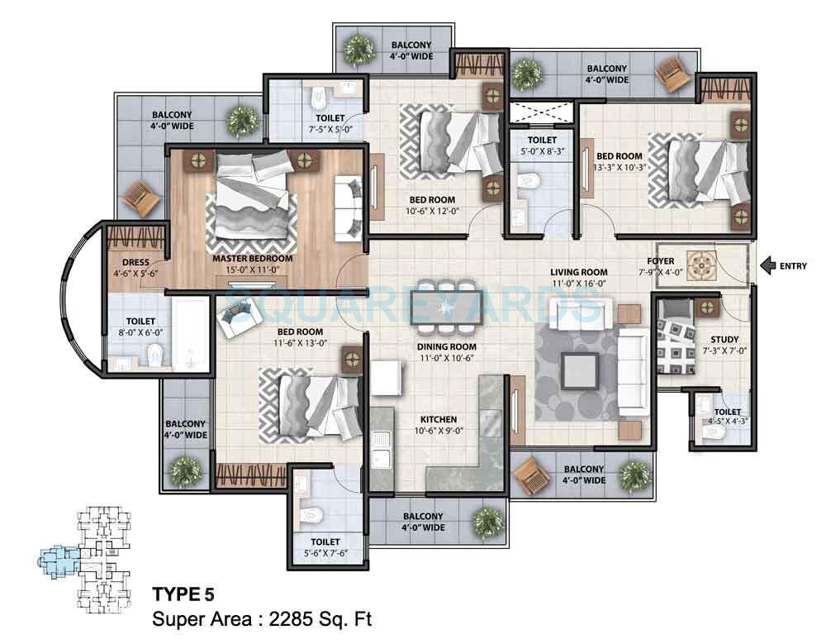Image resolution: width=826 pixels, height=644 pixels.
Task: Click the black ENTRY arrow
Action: point(767,266)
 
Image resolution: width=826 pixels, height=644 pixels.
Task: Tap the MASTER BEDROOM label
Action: point(253,258)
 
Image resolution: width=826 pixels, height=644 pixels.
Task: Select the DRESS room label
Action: point(135,263)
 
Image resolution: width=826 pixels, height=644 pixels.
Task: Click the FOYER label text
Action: point(667,261)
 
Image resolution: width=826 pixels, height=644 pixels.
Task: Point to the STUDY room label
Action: point(724,339)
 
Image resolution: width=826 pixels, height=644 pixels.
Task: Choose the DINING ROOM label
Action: point(447,346)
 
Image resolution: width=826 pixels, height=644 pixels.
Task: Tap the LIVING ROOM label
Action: point(580,272)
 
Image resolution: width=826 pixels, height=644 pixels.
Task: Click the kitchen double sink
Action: point(382,451)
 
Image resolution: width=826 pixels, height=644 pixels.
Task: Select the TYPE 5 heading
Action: point(183,594)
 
